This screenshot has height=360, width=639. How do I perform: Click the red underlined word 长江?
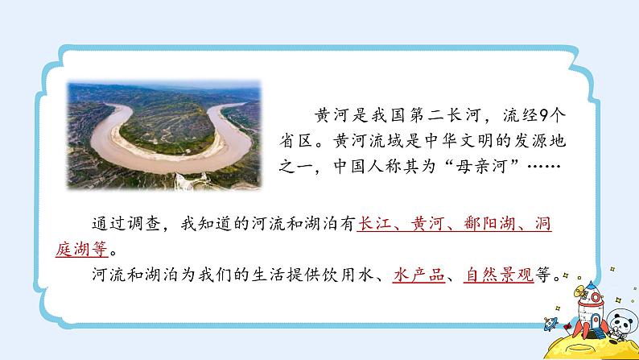pos(374,225)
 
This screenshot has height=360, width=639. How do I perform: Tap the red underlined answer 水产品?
pos(418,275)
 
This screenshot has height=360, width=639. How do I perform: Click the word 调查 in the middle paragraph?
pos(142,225)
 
